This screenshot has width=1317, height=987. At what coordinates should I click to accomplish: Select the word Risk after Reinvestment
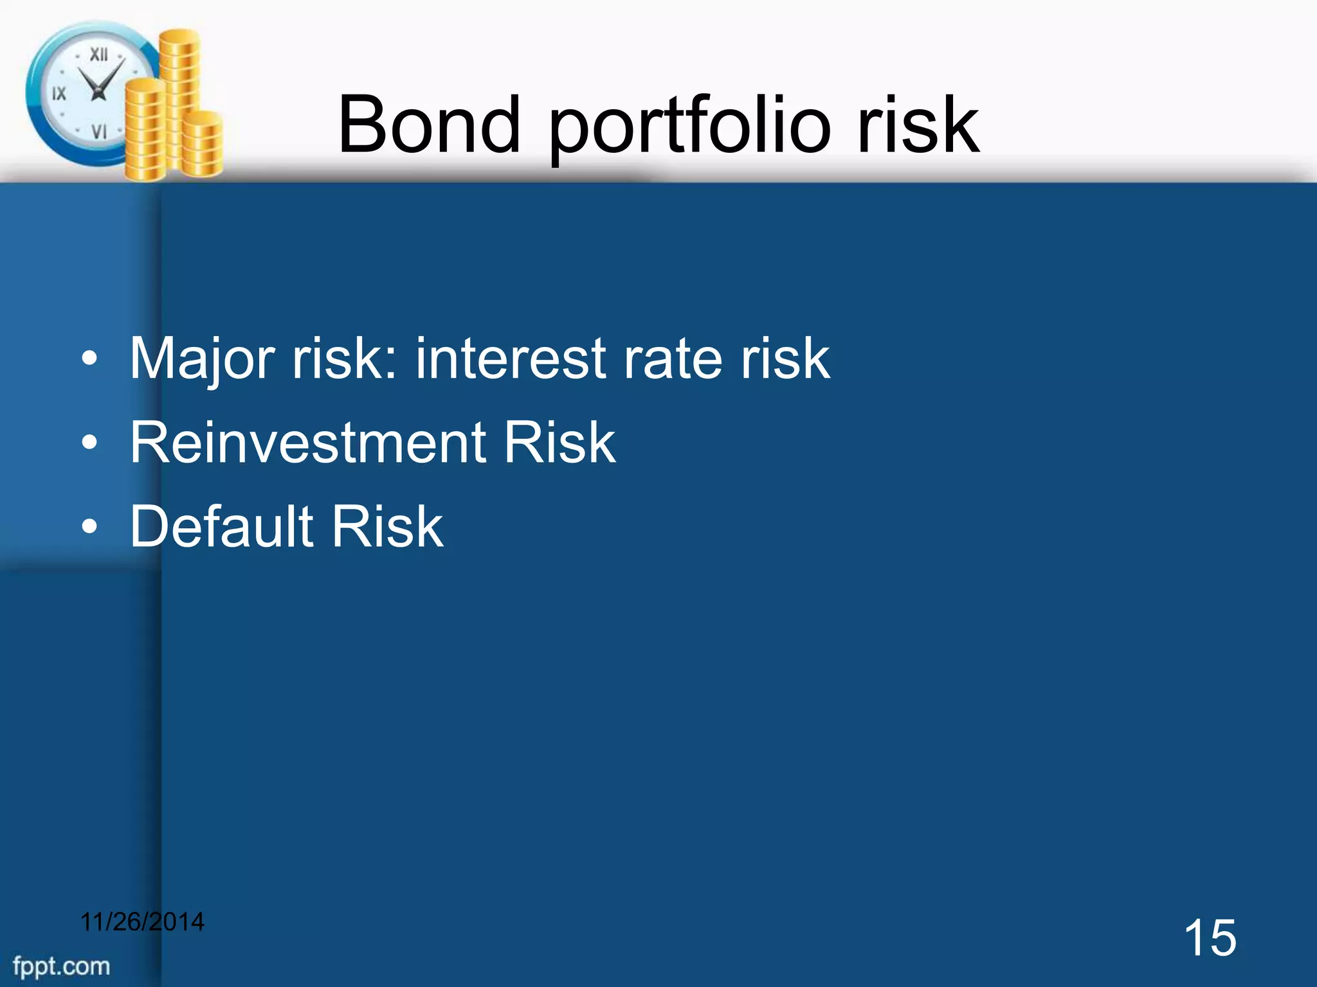tap(559, 443)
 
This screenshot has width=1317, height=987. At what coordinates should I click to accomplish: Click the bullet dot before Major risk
tap(90, 360)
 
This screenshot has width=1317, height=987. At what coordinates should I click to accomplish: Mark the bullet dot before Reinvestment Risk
tap(90, 444)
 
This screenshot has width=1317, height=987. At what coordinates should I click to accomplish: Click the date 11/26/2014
tap(142, 922)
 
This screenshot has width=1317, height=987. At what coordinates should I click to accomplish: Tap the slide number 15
tap(1210, 938)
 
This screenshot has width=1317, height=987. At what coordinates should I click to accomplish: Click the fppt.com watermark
tap(62, 966)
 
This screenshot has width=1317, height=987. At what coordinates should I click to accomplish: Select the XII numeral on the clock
tap(98, 55)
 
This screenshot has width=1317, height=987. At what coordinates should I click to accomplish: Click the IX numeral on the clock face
tap(59, 94)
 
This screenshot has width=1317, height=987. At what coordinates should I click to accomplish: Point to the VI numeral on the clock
tap(99, 132)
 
